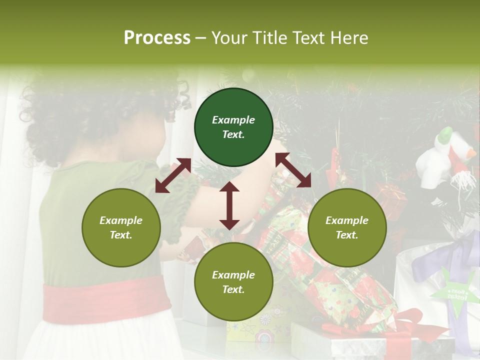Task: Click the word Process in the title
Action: click(157, 37)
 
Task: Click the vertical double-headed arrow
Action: click(229, 205)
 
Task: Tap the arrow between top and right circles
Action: click(293, 170)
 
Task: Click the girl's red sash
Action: click(100, 302)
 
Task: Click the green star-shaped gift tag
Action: click(452, 292)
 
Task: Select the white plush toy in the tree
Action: click(445, 155)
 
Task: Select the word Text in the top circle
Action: click(233, 134)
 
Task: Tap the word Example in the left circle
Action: click(121, 220)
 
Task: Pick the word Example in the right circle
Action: click(347, 220)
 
